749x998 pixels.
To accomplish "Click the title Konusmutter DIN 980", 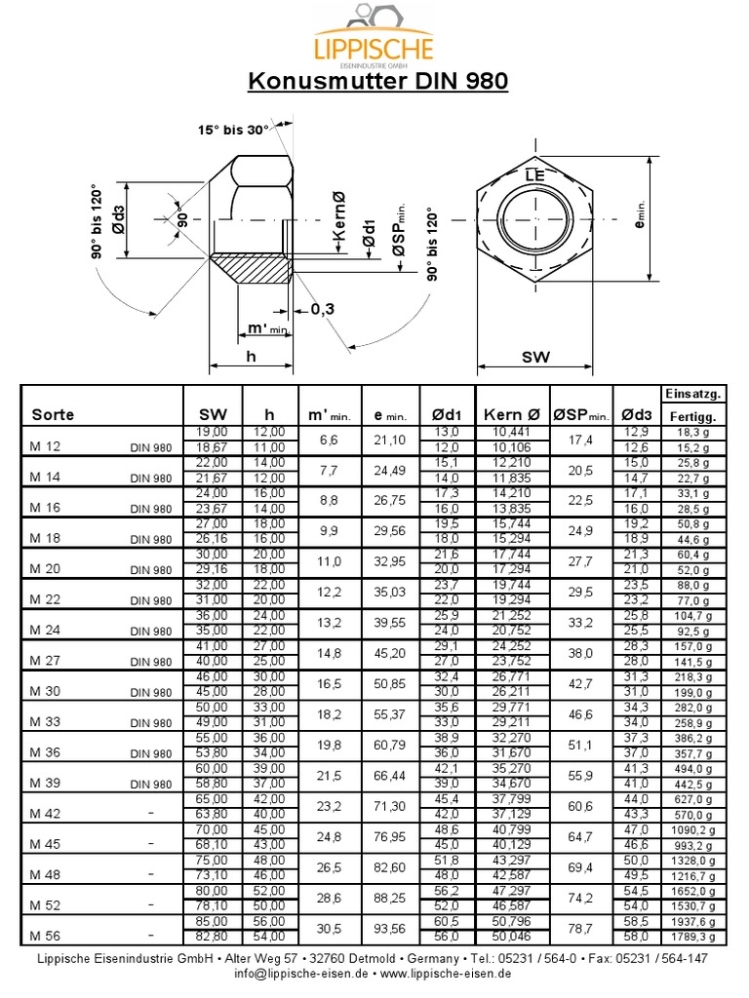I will pos(377,80).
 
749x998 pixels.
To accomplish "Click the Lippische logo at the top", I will pos(374,37).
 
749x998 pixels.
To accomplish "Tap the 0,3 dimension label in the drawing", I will pos(323,309).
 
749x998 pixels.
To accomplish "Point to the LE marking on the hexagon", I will pos(533,175).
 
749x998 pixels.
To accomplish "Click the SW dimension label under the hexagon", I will pos(535,358).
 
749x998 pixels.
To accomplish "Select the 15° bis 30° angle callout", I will pos(233,130).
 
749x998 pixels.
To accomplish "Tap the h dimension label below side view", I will pos(251,358).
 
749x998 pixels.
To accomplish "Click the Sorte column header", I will pos(53,414).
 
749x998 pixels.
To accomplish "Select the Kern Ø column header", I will pos(511,414).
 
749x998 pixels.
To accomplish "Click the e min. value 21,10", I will pos(389,440).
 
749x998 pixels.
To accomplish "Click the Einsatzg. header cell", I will pos(692,394).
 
